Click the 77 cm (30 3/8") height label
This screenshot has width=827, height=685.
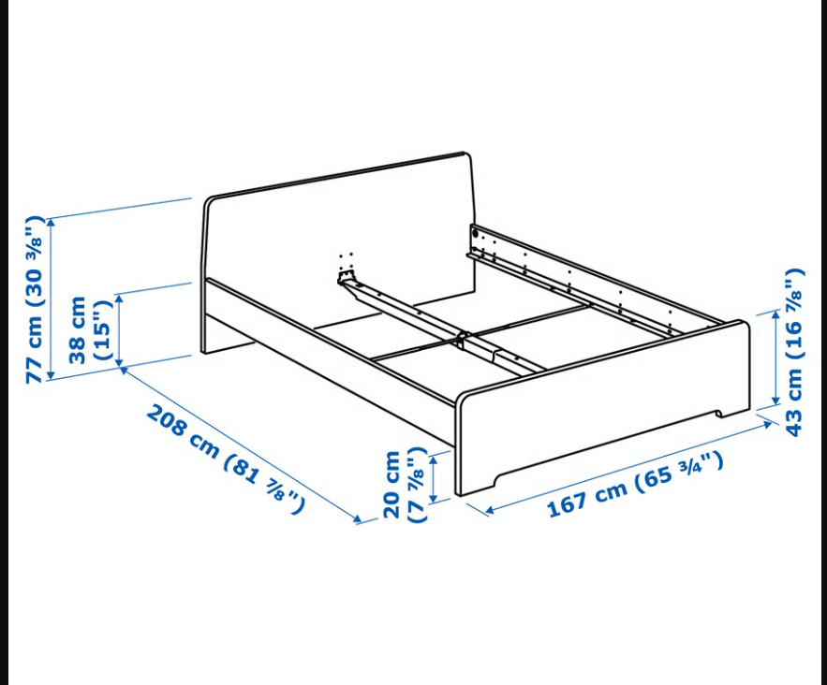[x=36, y=299]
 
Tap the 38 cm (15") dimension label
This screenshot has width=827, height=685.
[x=91, y=330]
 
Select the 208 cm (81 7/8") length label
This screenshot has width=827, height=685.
[x=225, y=459]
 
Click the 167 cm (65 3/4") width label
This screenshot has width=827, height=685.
[x=635, y=485]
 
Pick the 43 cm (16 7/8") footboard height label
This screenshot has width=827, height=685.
[x=794, y=352]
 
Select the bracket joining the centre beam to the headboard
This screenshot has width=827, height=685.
[x=347, y=276]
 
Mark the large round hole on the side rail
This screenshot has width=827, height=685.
[x=475, y=232]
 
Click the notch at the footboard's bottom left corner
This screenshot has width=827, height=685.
[x=495, y=478]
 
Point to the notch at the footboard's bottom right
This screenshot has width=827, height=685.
[x=720, y=413]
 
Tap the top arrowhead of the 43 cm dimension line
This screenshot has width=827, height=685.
[x=775, y=315]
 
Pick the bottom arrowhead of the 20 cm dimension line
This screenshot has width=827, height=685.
[x=434, y=498]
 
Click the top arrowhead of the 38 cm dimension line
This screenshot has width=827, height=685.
[x=119, y=299]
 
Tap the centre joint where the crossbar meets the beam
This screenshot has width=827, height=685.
[x=462, y=340]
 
